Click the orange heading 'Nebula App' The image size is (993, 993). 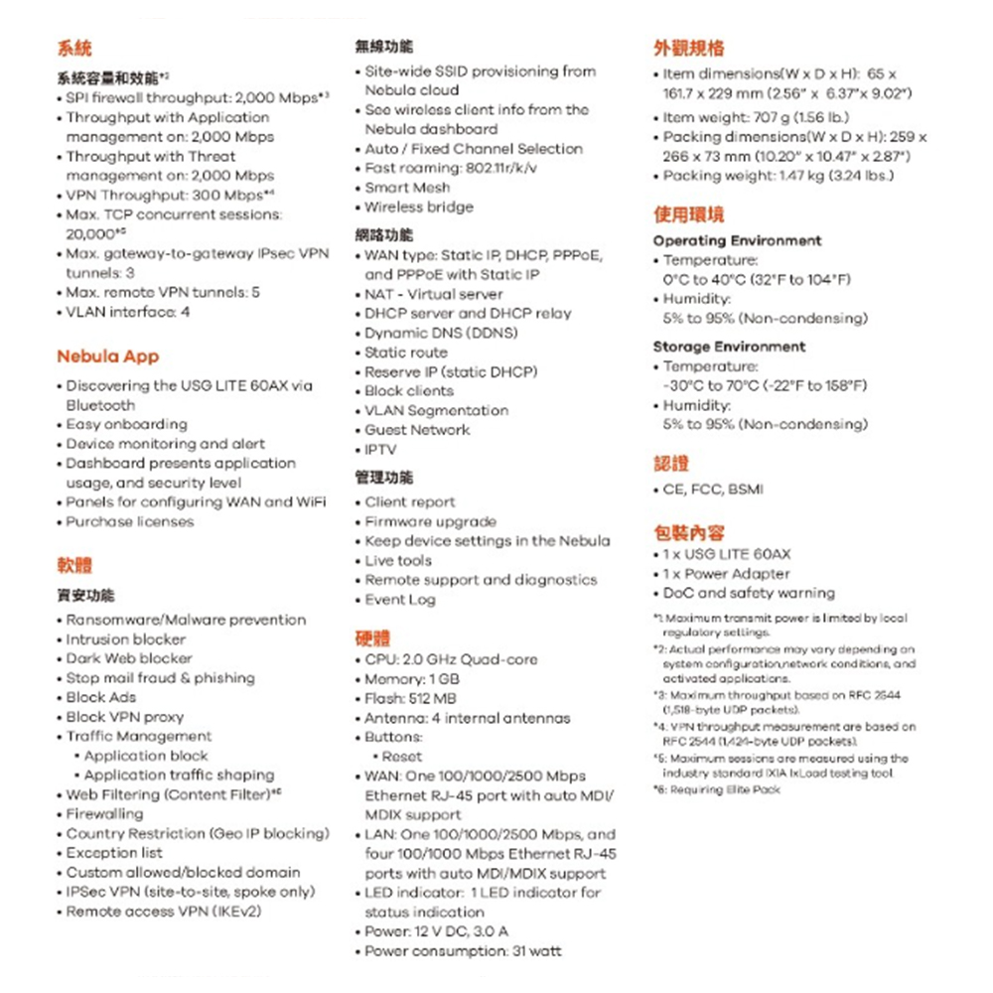tap(107, 356)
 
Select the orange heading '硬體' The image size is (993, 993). tap(372, 638)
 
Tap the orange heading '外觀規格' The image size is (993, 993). tap(688, 48)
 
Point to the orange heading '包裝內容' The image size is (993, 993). tap(688, 532)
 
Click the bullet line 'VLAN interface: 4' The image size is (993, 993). tap(128, 312)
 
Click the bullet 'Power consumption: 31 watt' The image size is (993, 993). tap(463, 951)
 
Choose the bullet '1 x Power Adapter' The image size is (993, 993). tap(726, 574)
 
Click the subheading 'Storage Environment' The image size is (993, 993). tap(729, 347)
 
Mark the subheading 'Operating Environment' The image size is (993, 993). tap(737, 240)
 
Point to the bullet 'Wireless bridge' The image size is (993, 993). tap(419, 207)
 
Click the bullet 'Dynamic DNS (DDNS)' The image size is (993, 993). tap(441, 333)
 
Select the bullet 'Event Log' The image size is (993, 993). tap(400, 599)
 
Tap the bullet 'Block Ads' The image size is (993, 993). tap(101, 697)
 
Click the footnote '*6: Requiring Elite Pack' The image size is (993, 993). tap(716, 789)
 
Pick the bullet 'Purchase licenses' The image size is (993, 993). tap(130, 521)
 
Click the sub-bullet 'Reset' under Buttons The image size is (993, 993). tap(401, 756)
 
